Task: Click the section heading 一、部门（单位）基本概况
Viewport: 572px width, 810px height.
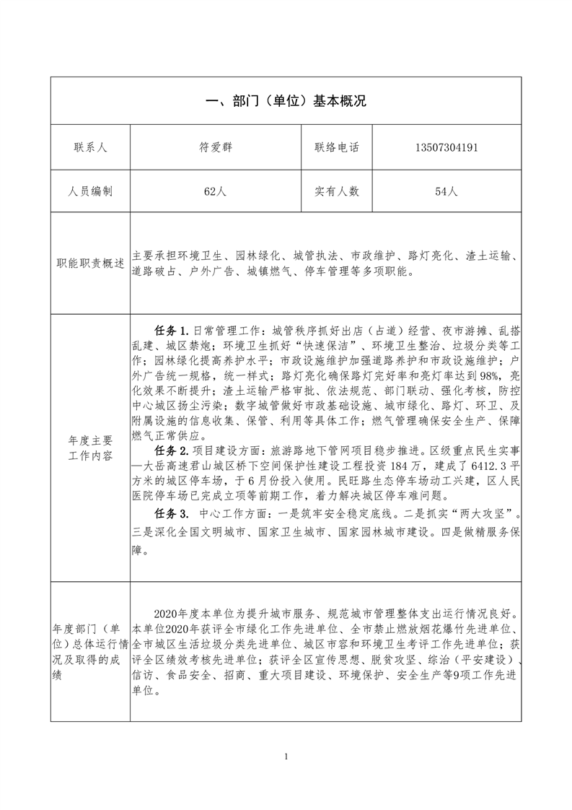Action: coord(286,101)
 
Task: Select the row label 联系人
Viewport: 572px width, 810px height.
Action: coord(90,148)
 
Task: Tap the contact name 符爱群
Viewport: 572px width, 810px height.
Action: coord(216,148)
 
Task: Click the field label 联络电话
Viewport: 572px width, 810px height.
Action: coord(336,148)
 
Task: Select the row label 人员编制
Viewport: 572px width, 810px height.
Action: coord(90,191)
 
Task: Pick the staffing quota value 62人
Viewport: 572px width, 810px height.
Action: coord(216,191)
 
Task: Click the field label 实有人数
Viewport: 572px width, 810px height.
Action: coord(336,191)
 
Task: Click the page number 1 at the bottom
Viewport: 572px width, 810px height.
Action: coord(286,757)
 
